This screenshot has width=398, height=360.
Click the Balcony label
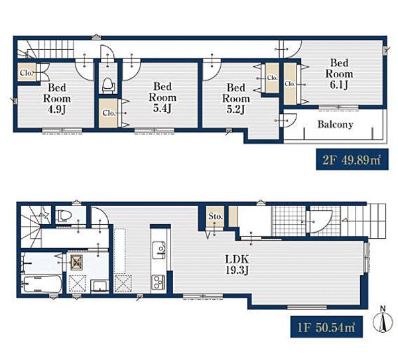335,125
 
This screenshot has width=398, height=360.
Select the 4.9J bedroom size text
56,109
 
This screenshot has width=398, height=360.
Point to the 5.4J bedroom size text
163,108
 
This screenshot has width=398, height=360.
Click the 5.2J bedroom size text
235,109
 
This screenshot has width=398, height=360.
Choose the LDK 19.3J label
237,265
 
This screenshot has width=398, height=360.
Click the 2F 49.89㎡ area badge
352,160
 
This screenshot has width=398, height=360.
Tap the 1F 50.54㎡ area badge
326,327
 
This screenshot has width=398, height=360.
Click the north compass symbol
383,320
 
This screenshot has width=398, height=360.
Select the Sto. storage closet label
215,216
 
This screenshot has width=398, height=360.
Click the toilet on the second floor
107,86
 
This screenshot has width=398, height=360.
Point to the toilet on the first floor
64,216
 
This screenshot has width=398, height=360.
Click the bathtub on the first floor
42,284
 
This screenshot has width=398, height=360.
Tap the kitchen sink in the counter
159,251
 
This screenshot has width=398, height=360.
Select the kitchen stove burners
158,282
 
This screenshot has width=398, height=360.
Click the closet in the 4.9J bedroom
27,72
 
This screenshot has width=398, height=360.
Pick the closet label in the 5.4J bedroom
109,113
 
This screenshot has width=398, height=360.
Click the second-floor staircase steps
46,49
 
